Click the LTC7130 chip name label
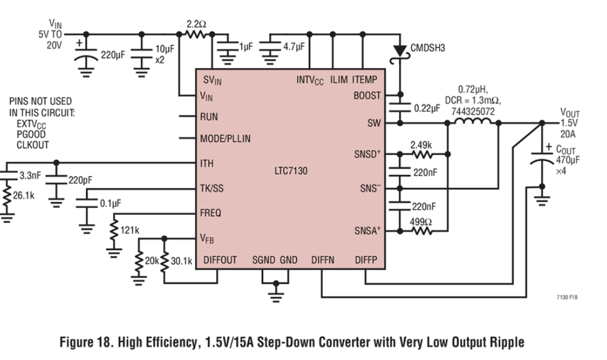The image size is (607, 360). [x=291, y=170]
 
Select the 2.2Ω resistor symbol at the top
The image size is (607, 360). [x=196, y=35]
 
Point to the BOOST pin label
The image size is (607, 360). [x=367, y=96]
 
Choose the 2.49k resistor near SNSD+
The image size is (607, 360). [x=421, y=154]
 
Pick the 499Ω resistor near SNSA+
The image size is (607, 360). [x=421, y=231]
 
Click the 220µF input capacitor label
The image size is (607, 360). [x=113, y=54]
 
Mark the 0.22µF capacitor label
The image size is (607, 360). [x=427, y=108]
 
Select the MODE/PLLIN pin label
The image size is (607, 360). [x=225, y=138]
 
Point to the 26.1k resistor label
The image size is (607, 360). [x=23, y=196]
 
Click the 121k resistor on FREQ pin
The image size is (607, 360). [x=114, y=230]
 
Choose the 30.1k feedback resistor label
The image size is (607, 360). [x=182, y=261]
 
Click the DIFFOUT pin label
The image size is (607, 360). [x=220, y=261]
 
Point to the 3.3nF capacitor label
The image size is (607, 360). [x=30, y=175]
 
